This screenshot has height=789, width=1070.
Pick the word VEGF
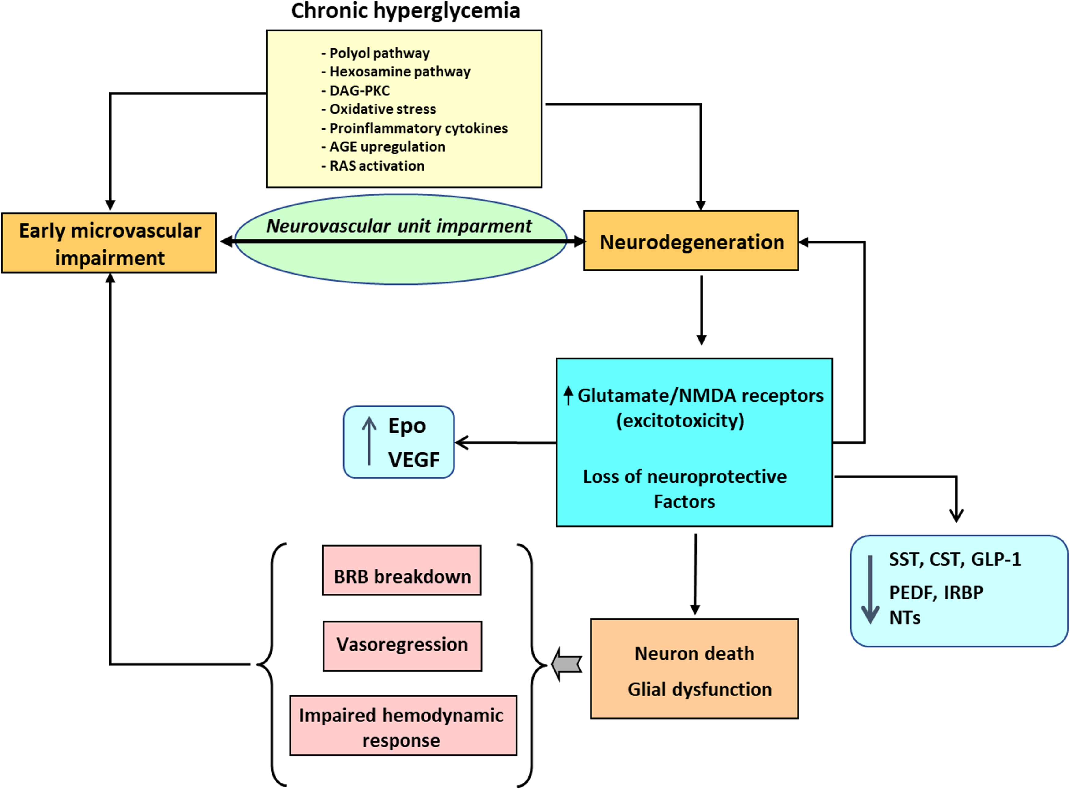414,459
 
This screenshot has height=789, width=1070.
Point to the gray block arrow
567,664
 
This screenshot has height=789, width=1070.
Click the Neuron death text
694,653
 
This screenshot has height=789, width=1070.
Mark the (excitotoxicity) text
680,421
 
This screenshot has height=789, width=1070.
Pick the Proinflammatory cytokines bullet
418,128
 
